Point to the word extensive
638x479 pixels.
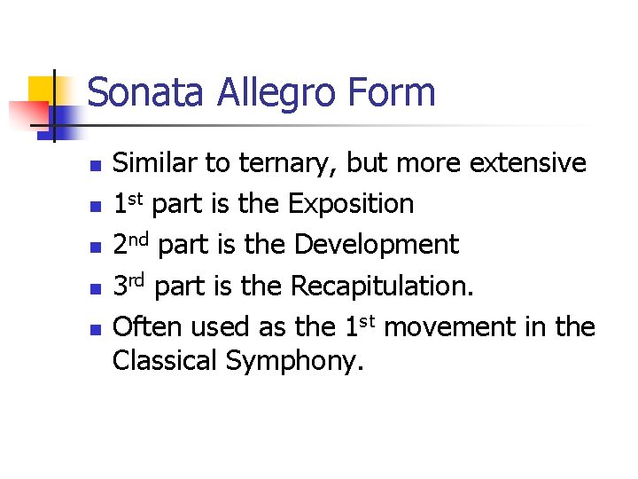pos(528,163)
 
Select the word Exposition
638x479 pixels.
pos(351,205)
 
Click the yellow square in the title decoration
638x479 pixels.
pos(42,90)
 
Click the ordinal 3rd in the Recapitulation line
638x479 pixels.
pos(129,286)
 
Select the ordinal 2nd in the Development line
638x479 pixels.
pos(131,245)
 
